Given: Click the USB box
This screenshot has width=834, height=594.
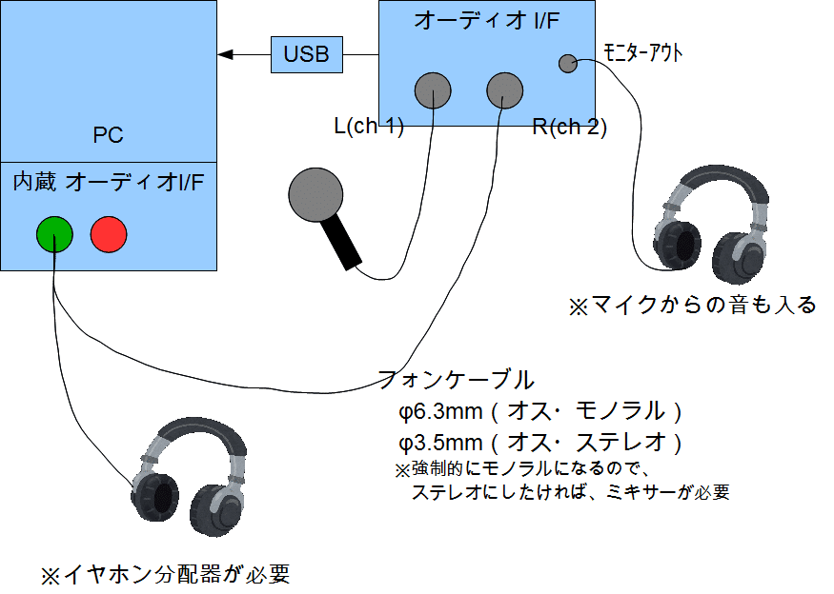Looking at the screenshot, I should [307, 54].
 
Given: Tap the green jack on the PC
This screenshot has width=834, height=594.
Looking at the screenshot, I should [54, 233].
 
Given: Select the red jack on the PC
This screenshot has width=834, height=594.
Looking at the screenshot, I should [109, 233].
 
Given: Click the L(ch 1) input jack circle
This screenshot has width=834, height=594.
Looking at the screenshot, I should [433, 91].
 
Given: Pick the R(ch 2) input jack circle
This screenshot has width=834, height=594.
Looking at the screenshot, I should [505, 91].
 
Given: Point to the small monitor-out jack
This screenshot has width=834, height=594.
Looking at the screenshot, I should [566, 64].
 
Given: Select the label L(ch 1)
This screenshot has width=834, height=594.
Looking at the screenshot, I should [369, 127].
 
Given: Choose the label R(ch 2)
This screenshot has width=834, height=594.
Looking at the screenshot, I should [570, 127].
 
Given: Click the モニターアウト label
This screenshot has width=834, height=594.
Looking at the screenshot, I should [643, 53].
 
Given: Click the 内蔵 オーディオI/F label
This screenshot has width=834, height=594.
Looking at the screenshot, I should [108, 182].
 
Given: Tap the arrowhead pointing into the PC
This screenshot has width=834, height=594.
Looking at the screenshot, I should [225, 54].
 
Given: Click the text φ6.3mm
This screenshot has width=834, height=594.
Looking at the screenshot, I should [440, 412].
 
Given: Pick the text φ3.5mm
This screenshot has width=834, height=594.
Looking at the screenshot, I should [440, 443].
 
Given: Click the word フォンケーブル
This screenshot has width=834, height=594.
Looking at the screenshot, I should [456, 380].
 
